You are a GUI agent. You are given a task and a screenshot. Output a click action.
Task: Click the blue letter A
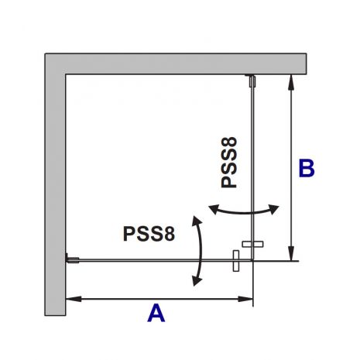[156, 313]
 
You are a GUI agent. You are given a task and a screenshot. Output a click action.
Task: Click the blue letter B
[307, 169]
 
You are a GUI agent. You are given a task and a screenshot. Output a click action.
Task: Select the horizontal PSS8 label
[149, 234]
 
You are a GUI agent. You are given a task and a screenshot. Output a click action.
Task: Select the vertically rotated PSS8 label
[229, 163]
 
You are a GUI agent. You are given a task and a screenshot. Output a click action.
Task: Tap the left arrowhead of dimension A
[74, 299]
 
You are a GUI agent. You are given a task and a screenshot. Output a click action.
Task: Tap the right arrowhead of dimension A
[245, 299]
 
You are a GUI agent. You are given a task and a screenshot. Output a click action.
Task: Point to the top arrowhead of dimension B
[291, 82]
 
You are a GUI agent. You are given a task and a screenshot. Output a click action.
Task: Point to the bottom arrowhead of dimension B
[291, 253]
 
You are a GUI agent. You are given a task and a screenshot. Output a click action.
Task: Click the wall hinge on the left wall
[72, 259]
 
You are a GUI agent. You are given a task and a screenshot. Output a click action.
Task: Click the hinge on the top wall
[252, 81]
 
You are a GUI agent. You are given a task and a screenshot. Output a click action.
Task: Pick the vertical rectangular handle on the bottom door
[236, 261]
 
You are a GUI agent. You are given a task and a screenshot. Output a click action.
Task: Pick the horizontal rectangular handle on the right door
[252, 244]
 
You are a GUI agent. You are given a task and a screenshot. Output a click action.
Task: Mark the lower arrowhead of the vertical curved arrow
[197, 280]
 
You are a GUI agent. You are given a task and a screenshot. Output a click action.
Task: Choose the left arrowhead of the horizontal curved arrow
[214, 209]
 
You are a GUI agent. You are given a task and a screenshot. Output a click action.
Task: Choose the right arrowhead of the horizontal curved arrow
[273, 209]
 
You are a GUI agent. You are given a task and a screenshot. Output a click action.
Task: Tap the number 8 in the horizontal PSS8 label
[170, 234]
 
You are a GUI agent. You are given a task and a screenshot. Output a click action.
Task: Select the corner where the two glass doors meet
[252, 260]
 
